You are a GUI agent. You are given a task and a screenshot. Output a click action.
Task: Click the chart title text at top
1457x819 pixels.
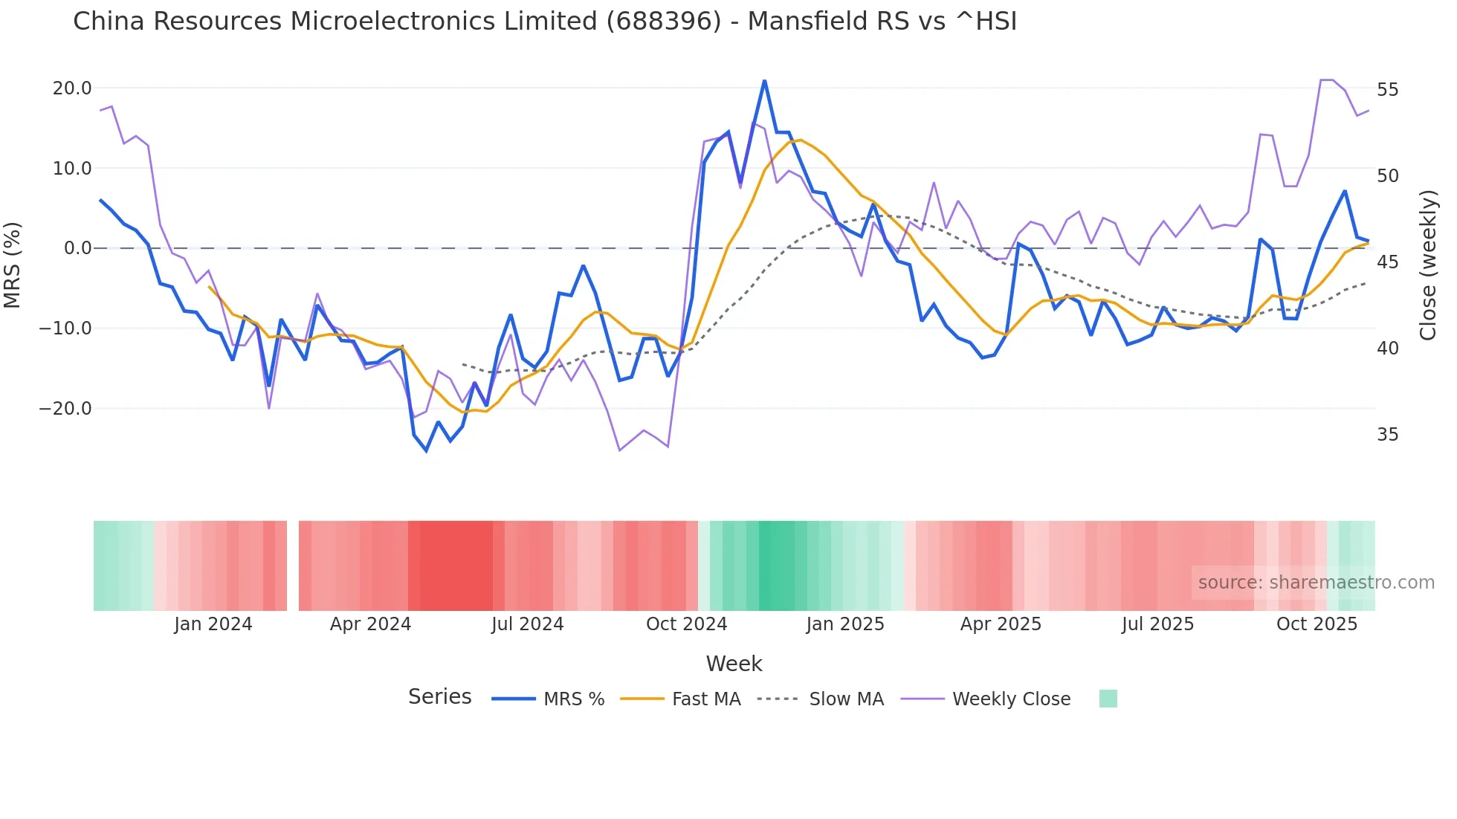coord(544,22)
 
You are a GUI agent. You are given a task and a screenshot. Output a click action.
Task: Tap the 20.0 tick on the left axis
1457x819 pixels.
coord(72,88)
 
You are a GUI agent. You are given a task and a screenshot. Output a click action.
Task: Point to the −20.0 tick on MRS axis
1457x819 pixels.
coord(65,409)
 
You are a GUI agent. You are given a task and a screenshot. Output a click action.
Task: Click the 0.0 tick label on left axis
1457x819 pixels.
coord(77,248)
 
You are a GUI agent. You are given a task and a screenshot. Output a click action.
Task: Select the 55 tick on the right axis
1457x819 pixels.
coord(1387,90)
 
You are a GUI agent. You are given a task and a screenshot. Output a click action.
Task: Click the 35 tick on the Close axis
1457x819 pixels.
coord(1387,435)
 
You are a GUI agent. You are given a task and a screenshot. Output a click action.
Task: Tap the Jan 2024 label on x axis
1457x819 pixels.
coord(213,624)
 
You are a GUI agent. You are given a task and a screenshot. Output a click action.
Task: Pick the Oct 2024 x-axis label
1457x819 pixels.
coord(686,624)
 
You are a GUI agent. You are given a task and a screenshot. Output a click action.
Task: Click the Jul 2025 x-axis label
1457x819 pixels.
coord(1157,624)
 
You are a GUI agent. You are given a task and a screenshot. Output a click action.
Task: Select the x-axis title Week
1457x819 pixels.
coord(734,664)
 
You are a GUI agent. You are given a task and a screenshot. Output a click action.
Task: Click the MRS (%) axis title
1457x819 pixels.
coord(13,265)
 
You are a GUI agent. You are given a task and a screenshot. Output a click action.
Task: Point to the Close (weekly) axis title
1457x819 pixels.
coord(1427,265)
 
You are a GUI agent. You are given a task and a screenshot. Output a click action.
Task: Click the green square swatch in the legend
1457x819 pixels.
coord(1108,699)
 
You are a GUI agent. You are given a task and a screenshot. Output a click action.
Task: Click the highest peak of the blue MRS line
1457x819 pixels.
coord(764,81)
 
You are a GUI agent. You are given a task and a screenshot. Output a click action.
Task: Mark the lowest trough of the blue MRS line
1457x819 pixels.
coord(427,450)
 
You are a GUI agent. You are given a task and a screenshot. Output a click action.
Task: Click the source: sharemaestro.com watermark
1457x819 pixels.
coord(1316,583)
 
